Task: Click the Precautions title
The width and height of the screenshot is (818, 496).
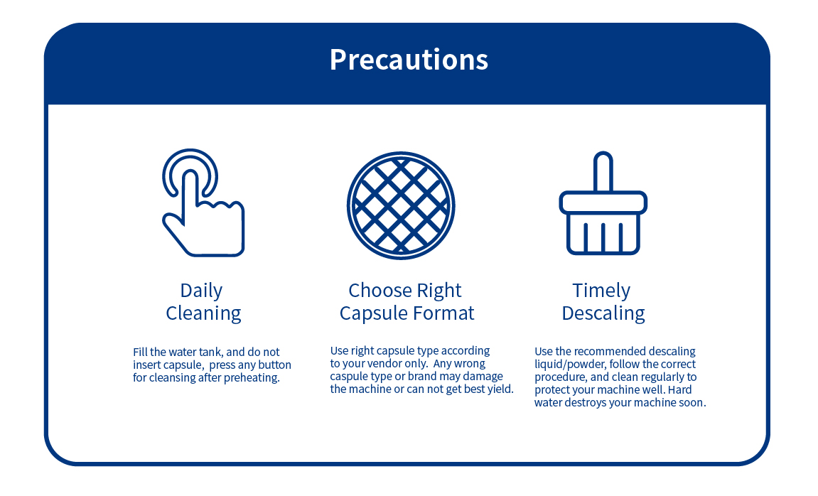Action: pos(409,60)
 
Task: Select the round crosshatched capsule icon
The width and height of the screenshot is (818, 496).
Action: pos(401,205)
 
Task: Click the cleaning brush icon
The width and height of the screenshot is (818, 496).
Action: pos(603,203)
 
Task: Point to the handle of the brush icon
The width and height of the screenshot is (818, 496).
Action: pos(603,171)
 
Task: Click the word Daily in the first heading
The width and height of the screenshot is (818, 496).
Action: pos(201,291)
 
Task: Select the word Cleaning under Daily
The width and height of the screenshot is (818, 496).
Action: pos(203,313)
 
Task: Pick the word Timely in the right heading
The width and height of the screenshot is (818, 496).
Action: pos(601,291)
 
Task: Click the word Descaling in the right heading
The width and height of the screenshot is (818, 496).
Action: pos(603,313)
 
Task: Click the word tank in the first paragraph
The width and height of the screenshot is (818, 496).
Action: pos(210,352)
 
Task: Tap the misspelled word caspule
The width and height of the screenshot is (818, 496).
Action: pos(348,377)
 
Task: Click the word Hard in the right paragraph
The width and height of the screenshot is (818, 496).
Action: pos(679,389)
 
